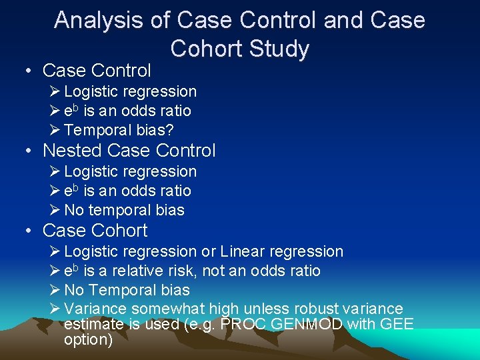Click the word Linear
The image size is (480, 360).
(x=245, y=251)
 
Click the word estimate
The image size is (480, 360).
(x=93, y=325)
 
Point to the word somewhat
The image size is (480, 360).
(x=167, y=309)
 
